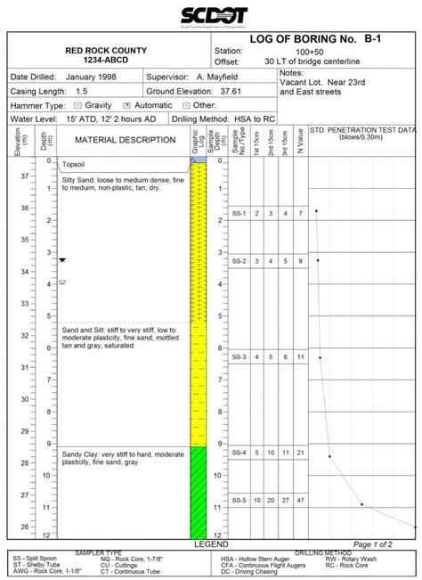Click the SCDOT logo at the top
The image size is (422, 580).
(x=210, y=16)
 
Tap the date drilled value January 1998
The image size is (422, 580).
(x=89, y=78)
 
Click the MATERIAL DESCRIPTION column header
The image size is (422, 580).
(x=125, y=140)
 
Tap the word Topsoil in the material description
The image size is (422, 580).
(x=75, y=166)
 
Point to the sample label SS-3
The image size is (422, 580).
(x=239, y=357)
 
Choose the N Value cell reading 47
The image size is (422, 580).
(x=301, y=501)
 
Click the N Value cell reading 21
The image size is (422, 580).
(x=301, y=453)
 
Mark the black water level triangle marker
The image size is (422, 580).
(x=62, y=260)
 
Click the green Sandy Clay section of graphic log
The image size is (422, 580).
(x=198, y=490)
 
